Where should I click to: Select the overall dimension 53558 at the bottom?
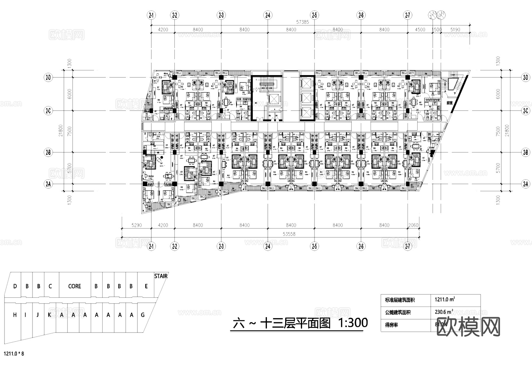(x=289, y=234)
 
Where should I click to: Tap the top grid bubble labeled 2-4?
(x=268, y=15)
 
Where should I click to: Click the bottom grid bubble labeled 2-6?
(x=361, y=246)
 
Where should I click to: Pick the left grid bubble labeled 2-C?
(x=48, y=111)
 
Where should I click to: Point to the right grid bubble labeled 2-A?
(x=525, y=184)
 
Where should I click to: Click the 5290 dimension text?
(x=136, y=225)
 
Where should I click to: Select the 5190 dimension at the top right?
(x=455, y=30)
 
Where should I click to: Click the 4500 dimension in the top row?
(x=420, y=30)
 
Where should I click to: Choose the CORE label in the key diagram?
(x=74, y=286)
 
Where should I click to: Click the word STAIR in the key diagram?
(x=161, y=276)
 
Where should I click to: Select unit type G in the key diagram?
(x=143, y=315)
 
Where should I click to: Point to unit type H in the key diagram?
(x=15, y=315)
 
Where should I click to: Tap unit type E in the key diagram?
(x=146, y=286)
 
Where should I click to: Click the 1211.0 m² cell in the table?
(x=445, y=299)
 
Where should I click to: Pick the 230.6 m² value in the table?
(x=444, y=312)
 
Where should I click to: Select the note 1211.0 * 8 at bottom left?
(x=14, y=354)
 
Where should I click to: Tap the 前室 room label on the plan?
(x=449, y=103)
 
